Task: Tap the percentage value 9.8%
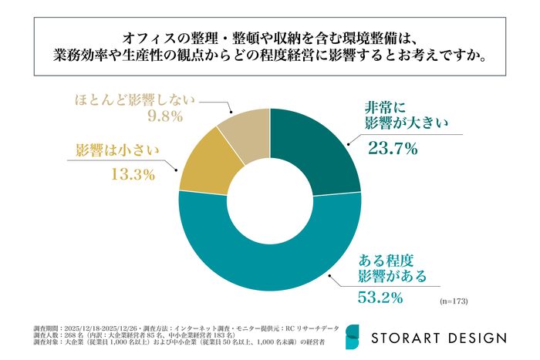[x=164, y=117]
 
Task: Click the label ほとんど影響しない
[x=135, y=99]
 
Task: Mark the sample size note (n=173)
[x=454, y=299]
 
